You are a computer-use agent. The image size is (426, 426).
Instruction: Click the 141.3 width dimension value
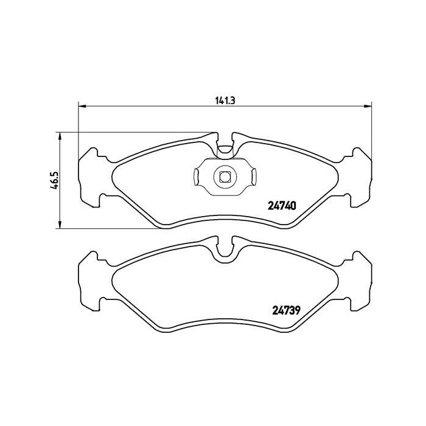(x=224, y=101)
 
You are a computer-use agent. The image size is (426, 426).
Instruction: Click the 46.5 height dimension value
(x=54, y=181)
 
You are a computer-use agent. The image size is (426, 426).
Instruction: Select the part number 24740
(x=281, y=205)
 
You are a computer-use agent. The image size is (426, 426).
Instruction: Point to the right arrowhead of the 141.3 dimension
(x=368, y=106)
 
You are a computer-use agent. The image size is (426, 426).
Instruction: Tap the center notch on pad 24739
(x=225, y=249)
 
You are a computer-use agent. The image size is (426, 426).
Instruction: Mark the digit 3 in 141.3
(x=232, y=101)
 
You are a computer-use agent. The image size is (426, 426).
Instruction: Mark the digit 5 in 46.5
(x=54, y=173)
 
